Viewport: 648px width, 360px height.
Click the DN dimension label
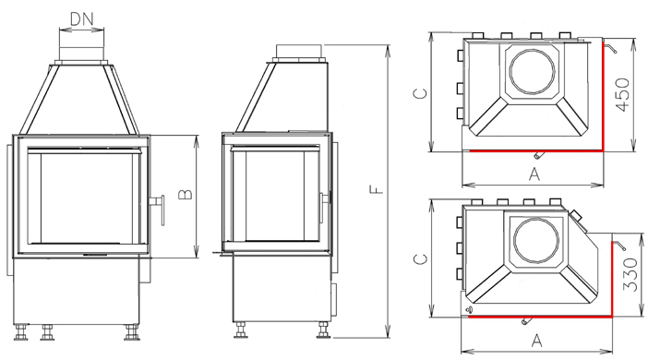point(82,18)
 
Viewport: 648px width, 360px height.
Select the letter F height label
point(376,190)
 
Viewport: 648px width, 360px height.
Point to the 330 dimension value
point(630,274)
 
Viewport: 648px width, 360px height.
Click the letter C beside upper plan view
point(420,93)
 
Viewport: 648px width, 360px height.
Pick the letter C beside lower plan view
point(420,259)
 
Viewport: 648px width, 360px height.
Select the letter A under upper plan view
point(534,174)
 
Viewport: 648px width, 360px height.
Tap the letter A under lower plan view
point(536,341)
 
